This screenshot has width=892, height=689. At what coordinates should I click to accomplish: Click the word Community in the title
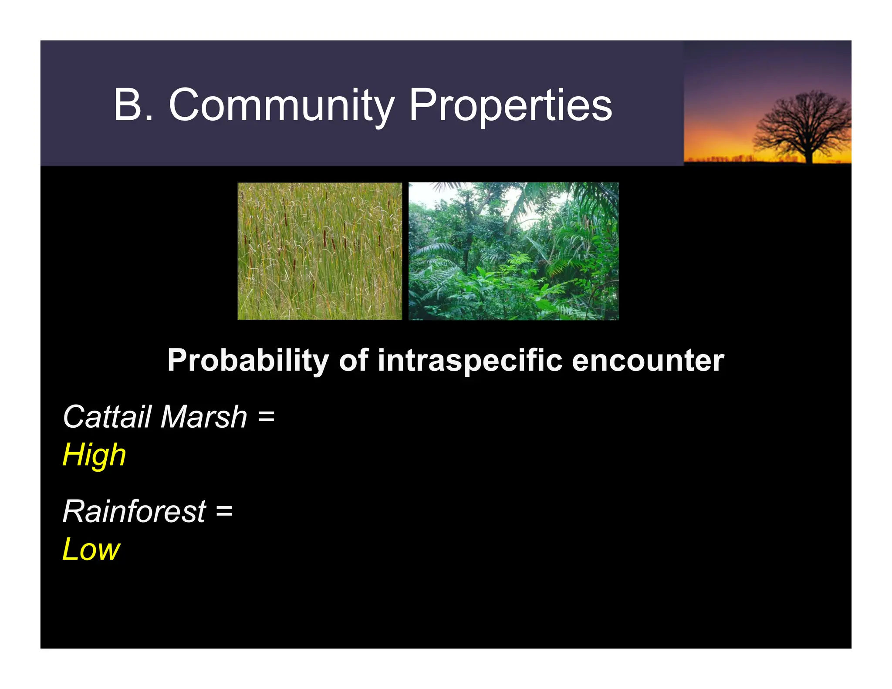281,106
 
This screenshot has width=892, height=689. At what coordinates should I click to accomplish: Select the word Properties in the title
510,106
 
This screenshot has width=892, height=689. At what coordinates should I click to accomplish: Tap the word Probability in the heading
248,361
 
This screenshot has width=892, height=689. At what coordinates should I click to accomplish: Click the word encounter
647,361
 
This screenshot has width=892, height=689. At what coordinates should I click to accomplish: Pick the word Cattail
108,417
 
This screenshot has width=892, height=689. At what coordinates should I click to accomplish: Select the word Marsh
204,417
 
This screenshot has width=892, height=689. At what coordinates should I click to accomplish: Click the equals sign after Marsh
266,417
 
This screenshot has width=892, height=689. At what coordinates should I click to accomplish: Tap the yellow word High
95,455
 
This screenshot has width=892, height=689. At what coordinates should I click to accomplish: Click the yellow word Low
91,549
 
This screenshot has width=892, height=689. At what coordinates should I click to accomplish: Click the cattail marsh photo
319,251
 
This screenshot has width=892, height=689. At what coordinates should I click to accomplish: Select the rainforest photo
513,251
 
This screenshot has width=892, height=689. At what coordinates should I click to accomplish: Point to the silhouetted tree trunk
809,152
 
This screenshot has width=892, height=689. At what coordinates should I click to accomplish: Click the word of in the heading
353,361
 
